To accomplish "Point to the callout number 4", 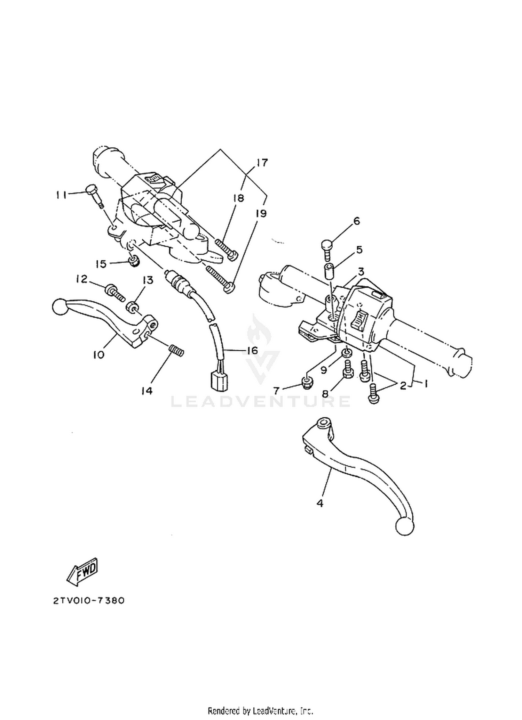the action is [x=320, y=503].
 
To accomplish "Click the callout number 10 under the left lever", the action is [x=98, y=355].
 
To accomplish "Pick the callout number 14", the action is [x=147, y=391].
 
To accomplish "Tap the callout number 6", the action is [x=357, y=221].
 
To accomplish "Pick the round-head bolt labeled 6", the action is [x=326, y=249].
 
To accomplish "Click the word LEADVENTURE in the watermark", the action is [x=260, y=401].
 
